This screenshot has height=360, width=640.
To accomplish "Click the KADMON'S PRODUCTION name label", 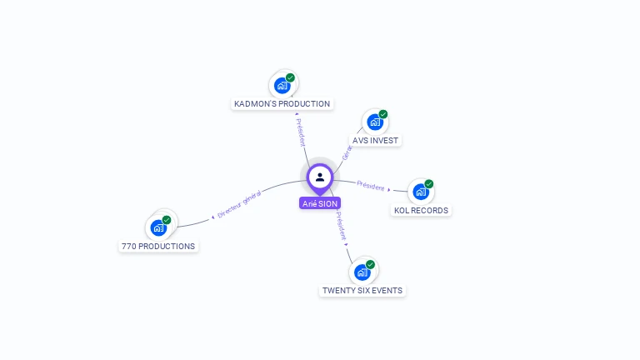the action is point(282,104).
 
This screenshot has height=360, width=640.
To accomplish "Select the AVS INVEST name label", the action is point(375,140).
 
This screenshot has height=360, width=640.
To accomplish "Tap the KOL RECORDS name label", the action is point(421,211).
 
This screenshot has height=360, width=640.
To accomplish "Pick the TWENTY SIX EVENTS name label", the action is point(362,291).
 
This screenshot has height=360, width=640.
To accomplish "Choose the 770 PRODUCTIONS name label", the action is point(158,247).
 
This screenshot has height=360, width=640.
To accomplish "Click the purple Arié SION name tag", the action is point(320,203).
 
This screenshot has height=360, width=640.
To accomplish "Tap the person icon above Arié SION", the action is point(320,177).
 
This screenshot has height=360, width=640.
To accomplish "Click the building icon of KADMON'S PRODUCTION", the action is point(282,85).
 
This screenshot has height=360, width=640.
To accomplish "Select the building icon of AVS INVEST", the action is point(375,122).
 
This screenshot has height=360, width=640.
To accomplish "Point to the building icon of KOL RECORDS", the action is point(421,192).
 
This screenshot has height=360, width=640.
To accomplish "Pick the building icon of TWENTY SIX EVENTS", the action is point(362,272).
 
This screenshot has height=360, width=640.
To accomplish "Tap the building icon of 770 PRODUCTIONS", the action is point(158,227).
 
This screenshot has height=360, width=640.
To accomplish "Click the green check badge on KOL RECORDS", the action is point(429,183).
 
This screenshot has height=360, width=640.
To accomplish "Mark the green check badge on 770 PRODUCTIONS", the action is point(167,220).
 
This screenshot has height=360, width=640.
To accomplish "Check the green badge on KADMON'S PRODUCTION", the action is point(290,77).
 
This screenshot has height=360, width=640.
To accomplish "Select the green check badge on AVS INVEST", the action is point(383,114).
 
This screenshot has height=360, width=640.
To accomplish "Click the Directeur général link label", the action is point(239,204).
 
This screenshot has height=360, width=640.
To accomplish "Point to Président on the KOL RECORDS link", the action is point(370,185).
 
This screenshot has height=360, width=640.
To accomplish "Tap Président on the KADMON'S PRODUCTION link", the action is point(301,132).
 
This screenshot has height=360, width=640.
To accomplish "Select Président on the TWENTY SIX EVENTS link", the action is point(341,226).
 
